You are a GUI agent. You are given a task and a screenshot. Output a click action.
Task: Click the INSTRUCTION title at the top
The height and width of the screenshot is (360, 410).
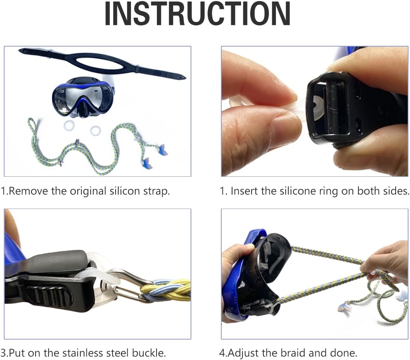point(197,15)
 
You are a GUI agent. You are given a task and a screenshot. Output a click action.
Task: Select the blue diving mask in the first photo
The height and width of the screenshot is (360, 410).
point(83,96)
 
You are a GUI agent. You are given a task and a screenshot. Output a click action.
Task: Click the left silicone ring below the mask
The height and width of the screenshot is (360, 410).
point(69,125)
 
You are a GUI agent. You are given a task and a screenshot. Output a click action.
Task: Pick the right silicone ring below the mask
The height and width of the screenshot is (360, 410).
point(95,131)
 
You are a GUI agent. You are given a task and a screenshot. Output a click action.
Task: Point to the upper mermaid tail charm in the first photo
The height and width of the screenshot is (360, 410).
point(163,150)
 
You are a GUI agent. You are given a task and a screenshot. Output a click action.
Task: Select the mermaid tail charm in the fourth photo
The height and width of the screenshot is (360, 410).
point(344,307)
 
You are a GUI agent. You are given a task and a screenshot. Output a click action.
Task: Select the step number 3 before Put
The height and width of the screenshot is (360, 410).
point(3,353)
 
